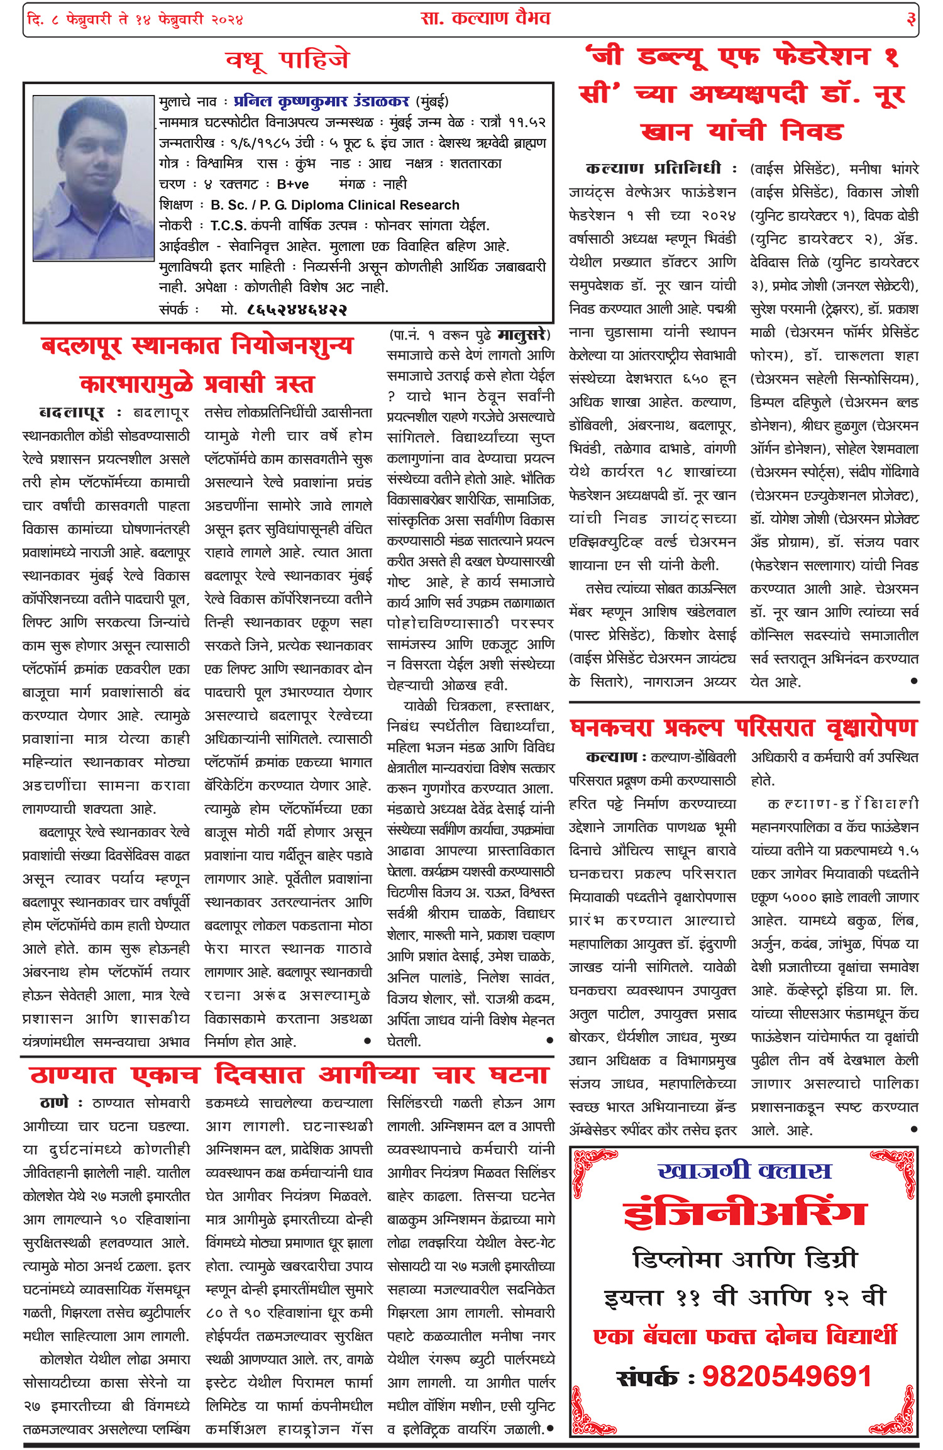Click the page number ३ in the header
pos(910,19)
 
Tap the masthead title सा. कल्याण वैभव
pos(485,18)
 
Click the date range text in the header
pos(135,19)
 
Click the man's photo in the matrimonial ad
pos(94,178)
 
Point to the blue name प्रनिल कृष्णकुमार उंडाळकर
pos(321,101)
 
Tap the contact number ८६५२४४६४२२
pos(297,309)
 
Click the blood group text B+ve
pos(292,184)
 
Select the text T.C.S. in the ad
pos(228,226)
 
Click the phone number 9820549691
pos(786,1376)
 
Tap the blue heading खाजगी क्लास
pos(744,1171)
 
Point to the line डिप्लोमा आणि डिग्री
pos(745,1259)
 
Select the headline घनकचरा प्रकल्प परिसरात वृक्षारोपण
pos(744,728)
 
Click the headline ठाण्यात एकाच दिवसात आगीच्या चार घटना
pos(289,1075)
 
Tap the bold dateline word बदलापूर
pos(71,413)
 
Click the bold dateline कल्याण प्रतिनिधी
pos(653,169)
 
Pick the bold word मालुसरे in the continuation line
pos(523,335)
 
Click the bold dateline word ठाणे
pos(53,1104)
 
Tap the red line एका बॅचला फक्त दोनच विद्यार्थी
pos(745,1336)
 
